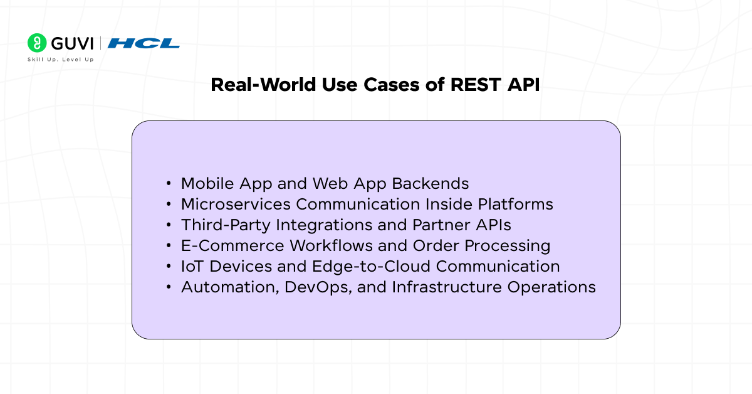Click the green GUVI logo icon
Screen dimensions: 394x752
(x=37, y=43)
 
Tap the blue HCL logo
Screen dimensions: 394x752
(x=144, y=43)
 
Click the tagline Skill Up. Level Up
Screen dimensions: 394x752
(x=61, y=60)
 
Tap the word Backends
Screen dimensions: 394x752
(x=431, y=183)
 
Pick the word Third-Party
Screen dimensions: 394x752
(x=220, y=225)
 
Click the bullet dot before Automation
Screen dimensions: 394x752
(x=169, y=287)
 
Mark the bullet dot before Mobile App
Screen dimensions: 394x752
(x=169, y=184)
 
